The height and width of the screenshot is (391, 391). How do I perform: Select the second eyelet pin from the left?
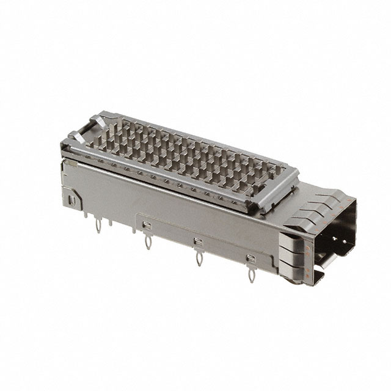(147, 243)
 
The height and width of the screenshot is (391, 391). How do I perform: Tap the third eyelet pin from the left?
(199, 259)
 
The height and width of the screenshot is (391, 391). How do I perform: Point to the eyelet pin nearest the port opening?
(250, 275)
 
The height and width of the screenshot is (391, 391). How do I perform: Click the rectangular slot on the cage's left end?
(71, 200)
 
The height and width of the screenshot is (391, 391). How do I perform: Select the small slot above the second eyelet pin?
(145, 227)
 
